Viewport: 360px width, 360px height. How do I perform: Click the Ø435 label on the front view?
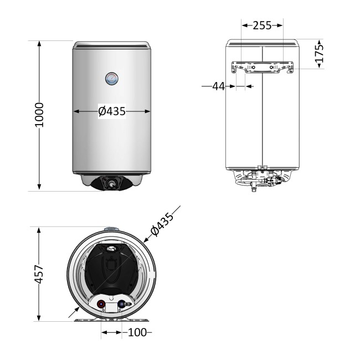point(112,111)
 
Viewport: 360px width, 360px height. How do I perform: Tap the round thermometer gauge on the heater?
point(112,79)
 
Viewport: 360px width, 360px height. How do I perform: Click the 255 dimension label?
point(261,25)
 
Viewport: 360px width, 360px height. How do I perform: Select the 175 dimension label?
point(320,54)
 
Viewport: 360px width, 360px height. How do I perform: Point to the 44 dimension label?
point(218,86)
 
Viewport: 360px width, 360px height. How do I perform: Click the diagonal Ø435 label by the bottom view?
point(162,224)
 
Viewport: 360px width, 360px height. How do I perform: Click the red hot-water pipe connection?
point(101,304)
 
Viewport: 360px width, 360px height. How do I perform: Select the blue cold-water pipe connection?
point(122,304)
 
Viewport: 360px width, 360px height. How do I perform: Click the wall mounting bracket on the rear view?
point(262,68)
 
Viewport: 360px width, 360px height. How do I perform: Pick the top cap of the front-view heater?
point(112,44)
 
